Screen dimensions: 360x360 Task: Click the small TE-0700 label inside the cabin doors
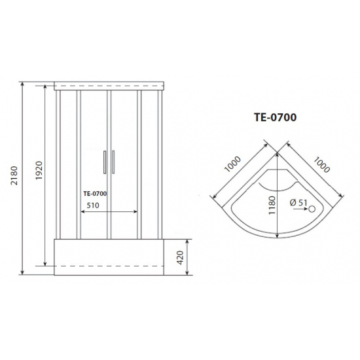click(x=96, y=192)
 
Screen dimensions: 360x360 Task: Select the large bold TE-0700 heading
click(x=275, y=118)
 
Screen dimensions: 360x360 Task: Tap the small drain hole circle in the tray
click(x=312, y=209)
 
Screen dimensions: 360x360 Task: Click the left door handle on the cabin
click(x=103, y=162)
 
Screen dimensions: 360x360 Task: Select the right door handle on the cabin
click(x=113, y=162)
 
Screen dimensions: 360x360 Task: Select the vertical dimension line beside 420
click(x=186, y=255)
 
